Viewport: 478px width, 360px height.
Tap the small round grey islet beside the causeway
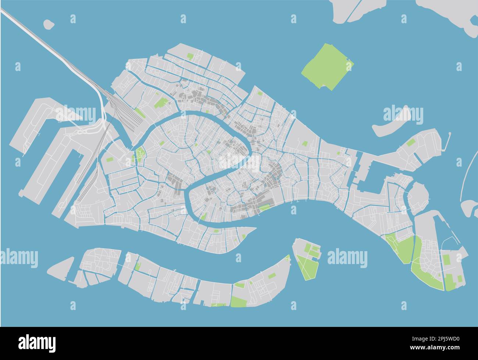tap(49, 24)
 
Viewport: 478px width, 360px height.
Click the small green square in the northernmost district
tap(190, 57)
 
